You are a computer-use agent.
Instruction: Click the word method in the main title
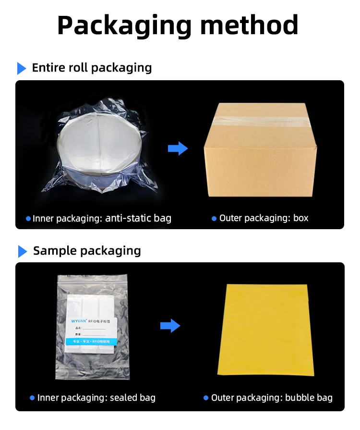(249, 25)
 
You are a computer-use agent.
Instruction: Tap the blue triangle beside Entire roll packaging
(22, 68)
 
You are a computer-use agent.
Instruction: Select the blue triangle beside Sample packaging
(22, 251)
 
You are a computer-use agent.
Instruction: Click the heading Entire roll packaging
(92, 68)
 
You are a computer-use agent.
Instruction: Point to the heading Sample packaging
(87, 251)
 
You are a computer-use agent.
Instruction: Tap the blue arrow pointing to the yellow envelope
(170, 326)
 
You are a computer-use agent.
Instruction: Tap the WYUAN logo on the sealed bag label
(79, 319)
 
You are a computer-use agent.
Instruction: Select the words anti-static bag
(138, 219)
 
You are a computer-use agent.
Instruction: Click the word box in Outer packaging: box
(300, 218)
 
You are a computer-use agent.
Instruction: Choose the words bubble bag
(309, 398)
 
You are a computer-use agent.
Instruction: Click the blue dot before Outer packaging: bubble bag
(206, 398)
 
